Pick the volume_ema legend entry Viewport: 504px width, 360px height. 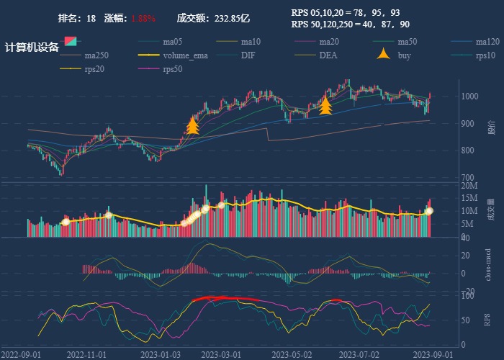click(x=185, y=55)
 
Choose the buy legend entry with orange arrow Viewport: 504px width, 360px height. click(x=403, y=55)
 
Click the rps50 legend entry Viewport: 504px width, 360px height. click(x=172, y=70)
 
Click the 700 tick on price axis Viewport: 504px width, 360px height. click(x=469, y=177)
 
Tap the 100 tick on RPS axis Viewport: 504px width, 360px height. click(x=467, y=296)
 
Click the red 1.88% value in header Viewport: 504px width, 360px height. click(x=143, y=18)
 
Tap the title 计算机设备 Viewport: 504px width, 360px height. click(x=32, y=47)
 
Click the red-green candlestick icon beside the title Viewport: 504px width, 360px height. click(x=70, y=40)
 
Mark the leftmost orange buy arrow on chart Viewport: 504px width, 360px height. click(x=192, y=126)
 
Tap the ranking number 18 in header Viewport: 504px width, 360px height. click(x=91, y=18)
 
